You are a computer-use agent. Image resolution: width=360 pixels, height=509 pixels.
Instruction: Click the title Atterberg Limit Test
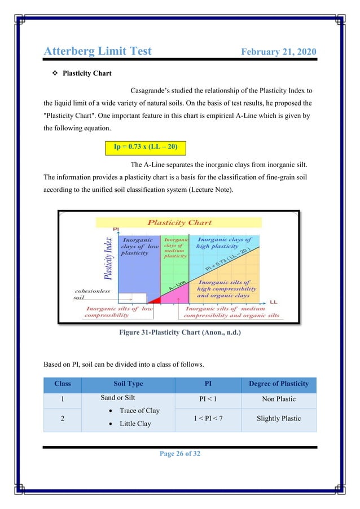(x=98, y=51)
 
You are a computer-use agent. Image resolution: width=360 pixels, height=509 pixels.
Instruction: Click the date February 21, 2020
(x=278, y=52)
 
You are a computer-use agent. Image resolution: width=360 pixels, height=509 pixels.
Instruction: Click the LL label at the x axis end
(x=273, y=302)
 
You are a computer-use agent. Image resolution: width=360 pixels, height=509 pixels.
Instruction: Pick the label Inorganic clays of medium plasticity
(x=175, y=248)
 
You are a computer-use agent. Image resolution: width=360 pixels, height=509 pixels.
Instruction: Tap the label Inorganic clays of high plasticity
(x=225, y=243)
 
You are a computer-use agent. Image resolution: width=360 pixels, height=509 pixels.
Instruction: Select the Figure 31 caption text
(x=179, y=333)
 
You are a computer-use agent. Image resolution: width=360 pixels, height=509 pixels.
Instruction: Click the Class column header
(x=62, y=384)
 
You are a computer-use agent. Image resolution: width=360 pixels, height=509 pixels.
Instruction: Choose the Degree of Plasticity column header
(x=279, y=384)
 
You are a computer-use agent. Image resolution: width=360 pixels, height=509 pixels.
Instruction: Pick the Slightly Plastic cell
(x=279, y=418)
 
